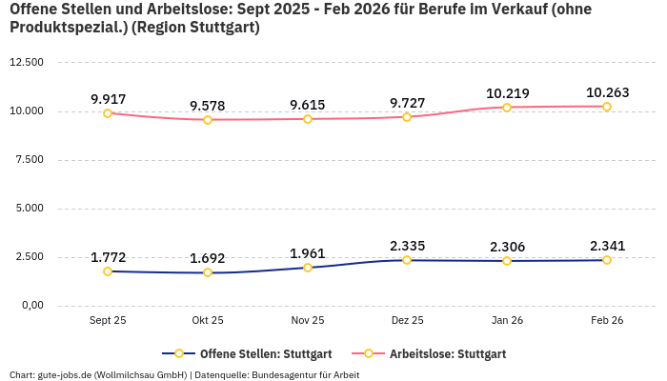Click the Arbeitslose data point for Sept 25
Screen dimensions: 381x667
coord(108,113)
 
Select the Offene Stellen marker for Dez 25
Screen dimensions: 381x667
coord(407,260)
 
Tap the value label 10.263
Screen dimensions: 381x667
coord(607,92)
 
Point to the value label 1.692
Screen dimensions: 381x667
coord(208,258)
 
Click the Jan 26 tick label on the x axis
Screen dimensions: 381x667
coord(507,321)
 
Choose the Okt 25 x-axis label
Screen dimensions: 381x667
coord(208,321)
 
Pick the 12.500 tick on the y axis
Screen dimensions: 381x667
coord(27,62)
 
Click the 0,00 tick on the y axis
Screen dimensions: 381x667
coord(31,306)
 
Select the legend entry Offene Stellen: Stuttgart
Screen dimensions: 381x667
coord(247,353)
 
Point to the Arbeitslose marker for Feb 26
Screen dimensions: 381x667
coord(607,107)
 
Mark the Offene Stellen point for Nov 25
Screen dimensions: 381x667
coord(308,268)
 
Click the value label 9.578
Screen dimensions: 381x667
coord(208,105)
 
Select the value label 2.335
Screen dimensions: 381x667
coord(407,246)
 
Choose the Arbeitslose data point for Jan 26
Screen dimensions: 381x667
coord(507,108)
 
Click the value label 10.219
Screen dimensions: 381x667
coord(507,93)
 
